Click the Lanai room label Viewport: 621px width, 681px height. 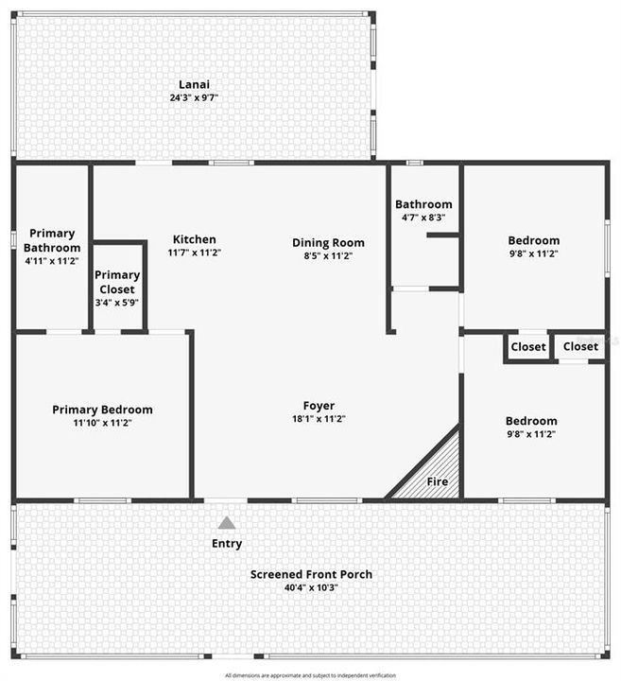(x=194, y=83)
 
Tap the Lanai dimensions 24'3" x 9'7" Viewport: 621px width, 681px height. (x=194, y=97)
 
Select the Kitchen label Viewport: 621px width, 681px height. (x=194, y=239)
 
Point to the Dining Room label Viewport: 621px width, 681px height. (x=328, y=242)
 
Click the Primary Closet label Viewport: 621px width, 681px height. (x=117, y=281)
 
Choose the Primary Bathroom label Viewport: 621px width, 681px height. (x=52, y=240)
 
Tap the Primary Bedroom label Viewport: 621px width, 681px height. (x=102, y=410)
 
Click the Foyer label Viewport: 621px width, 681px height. (x=319, y=405)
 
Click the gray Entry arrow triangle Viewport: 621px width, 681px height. (x=227, y=522)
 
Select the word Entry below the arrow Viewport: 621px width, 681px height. (x=227, y=543)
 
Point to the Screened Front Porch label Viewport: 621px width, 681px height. (x=311, y=574)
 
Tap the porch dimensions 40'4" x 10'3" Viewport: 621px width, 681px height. (x=311, y=587)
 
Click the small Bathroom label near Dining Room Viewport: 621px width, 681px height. (x=423, y=203)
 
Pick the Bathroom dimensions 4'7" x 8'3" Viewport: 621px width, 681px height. (x=423, y=218)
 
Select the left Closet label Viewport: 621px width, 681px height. (x=528, y=347)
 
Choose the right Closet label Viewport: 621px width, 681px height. (x=580, y=347)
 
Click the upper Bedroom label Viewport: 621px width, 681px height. (x=533, y=240)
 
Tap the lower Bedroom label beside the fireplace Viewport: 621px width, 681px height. (x=531, y=421)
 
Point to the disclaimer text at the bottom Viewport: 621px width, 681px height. (x=311, y=675)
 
